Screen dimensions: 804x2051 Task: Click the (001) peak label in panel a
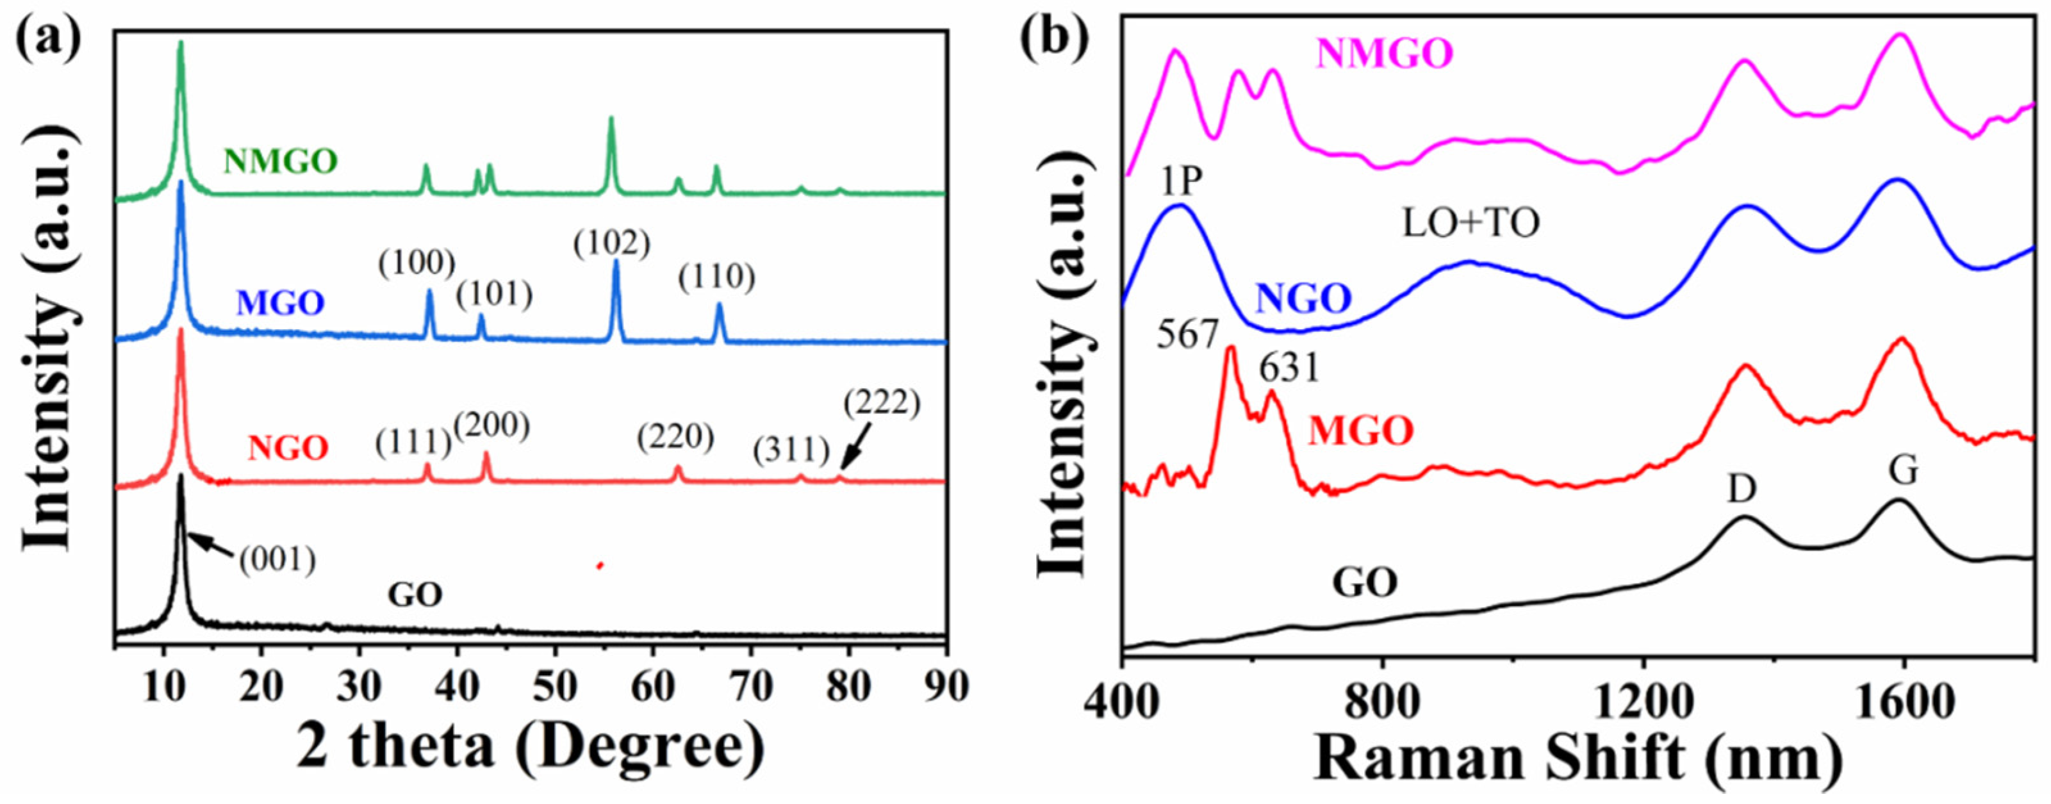[x=277, y=561]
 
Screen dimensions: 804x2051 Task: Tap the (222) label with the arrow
[x=882, y=404]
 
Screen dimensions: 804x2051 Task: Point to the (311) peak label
[x=791, y=452]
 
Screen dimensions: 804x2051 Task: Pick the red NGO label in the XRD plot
[x=288, y=449]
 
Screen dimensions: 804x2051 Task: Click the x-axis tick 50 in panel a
[x=555, y=685]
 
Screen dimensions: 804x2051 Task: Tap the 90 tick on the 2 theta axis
[x=944, y=685]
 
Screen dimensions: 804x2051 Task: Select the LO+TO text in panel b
[x=1470, y=224]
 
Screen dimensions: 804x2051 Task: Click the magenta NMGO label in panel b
[x=1385, y=53]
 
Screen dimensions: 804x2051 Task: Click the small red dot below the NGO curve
[x=600, y=565]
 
